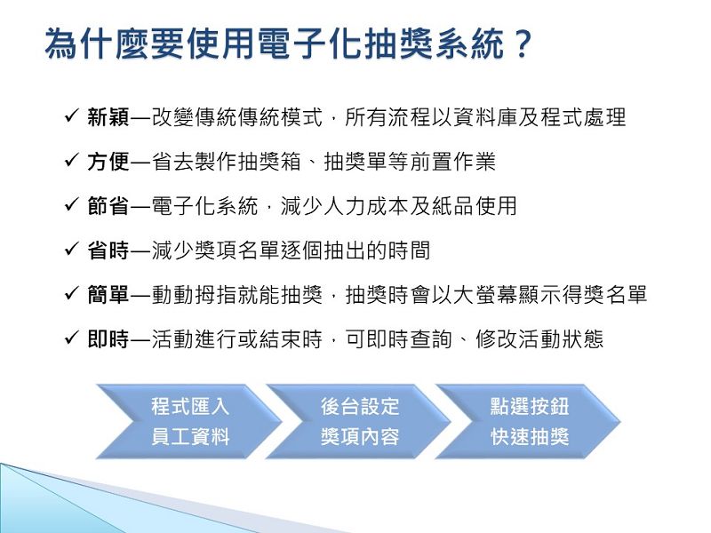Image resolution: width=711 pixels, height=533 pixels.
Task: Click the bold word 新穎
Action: (x=108, y=117)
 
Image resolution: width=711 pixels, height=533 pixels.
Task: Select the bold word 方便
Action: (x=108, y=162)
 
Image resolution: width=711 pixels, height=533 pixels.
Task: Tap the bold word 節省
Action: (x=108, y=206)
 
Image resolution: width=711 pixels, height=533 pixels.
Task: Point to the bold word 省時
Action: (x=108, y=251)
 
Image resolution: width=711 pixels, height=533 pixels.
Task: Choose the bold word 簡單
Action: (x=108, y=295)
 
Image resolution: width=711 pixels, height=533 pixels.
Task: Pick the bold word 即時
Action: (x=108, y=339)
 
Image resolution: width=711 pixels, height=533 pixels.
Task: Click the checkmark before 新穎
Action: (x=72, y=116)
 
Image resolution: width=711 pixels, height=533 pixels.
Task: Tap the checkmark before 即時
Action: (x=72, y=338)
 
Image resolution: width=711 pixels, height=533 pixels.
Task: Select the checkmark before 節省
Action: (x=72, y=205)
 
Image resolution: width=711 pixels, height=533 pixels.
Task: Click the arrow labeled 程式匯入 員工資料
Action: (x=189, y=421)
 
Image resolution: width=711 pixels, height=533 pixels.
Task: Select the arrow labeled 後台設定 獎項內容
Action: (x=359, y=421)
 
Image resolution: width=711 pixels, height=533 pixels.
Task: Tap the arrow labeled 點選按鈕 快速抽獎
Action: (x=528, y=421)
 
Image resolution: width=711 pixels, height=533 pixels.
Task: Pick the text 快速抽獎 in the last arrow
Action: (x=530, y=437)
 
